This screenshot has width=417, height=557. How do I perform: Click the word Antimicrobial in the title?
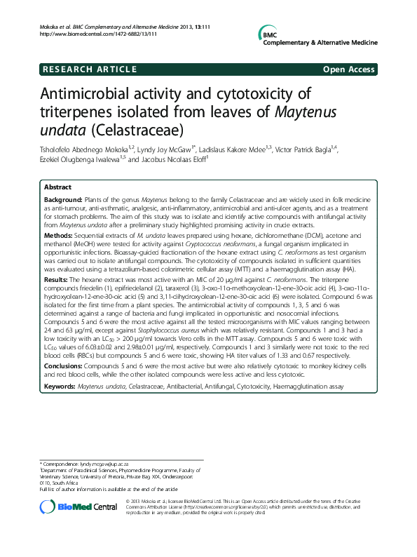[88, 95]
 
